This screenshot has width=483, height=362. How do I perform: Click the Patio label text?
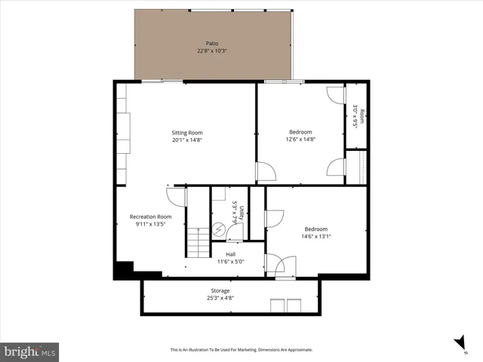coord(211,43)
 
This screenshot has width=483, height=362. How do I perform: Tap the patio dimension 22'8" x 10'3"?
coord(211,51)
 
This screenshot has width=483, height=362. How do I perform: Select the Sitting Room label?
coord(186,132)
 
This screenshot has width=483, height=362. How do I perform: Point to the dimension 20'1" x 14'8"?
coord(186,140)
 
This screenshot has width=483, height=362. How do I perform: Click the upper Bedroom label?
coord(300,131)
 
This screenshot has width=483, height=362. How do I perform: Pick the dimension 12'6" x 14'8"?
coord(300,139)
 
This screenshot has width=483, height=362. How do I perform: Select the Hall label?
coord(230,254)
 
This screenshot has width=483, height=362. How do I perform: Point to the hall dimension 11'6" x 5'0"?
coord(230,262)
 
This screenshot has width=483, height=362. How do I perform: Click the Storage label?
coord(220,290)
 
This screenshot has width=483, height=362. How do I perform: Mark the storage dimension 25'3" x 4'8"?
coord(220,298)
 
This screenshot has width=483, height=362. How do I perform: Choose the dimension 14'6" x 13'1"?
coord(316,236)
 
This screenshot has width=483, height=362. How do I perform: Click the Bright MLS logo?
coord(29,351)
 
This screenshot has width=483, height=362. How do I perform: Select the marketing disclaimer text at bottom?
coord(241,350)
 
